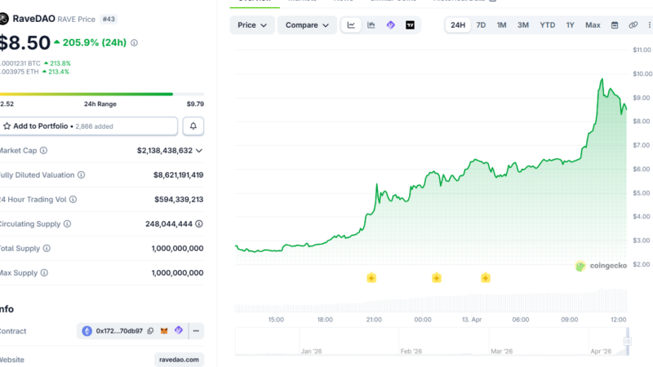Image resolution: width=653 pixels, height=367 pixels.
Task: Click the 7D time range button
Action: (481, 25)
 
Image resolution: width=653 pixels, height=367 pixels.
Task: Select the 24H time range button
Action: (458, 25)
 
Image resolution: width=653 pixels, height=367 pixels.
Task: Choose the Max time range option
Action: (593, 25)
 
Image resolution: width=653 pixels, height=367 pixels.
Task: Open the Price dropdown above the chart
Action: (252, 25)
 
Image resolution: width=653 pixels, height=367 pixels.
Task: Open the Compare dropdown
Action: (307, 25)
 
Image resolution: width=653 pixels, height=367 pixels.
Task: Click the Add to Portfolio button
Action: (88, 126)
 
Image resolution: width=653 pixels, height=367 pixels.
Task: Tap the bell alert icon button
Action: (193, 126)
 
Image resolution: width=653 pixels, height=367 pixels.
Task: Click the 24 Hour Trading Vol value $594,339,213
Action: (179, 199)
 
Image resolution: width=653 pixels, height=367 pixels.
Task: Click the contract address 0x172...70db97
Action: (119, 331)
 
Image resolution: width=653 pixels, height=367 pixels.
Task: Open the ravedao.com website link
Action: (179, 360)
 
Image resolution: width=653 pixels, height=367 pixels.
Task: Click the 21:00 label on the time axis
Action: (374, 320)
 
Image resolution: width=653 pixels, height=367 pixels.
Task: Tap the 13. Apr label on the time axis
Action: (471, 320)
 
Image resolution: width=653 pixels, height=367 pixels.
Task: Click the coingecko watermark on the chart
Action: (601, 266)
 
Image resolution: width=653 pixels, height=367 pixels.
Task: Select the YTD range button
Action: (547, 25)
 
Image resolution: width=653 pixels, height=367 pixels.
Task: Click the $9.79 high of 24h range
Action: (195, 104)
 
